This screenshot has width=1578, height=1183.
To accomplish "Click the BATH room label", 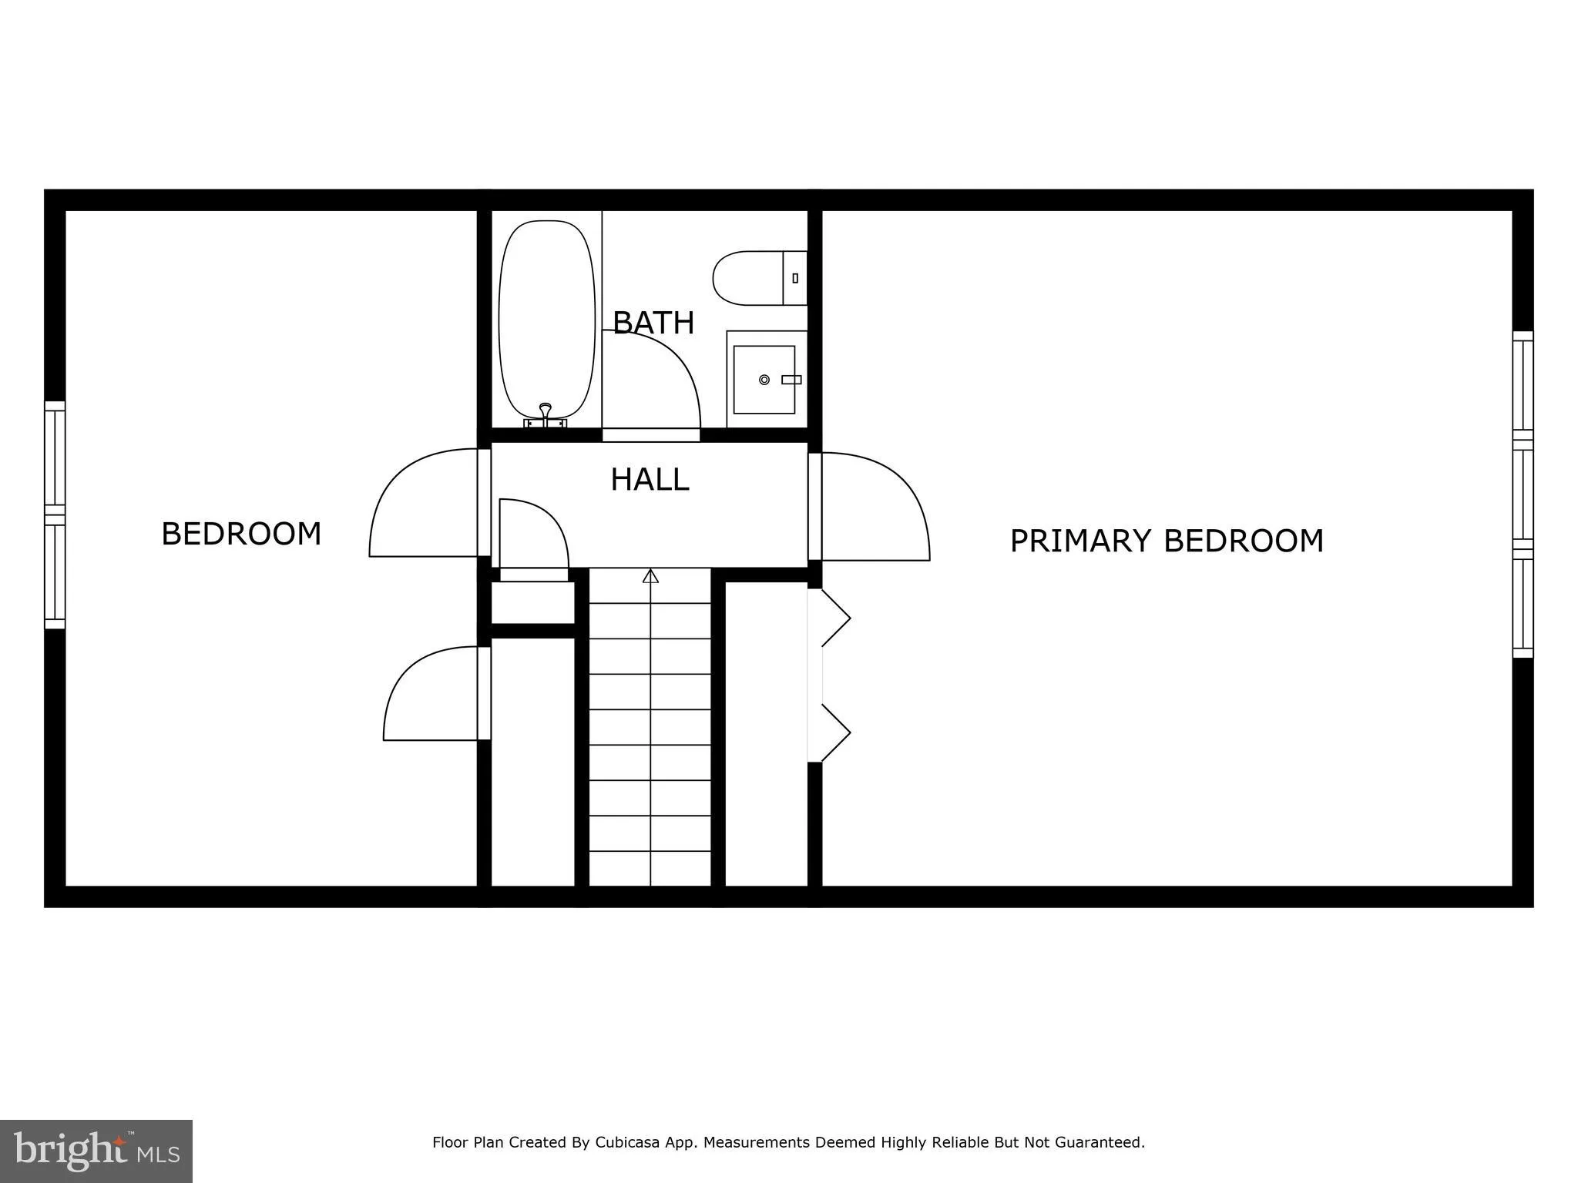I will pyautogui.click(x=653, y=322).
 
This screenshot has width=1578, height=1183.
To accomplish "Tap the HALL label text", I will pyautogui.click(x=650, y=480).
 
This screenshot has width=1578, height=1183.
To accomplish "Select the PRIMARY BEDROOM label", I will pyautogui.click(x=1166, y=541).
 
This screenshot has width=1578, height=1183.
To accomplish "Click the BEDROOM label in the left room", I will pyautogui.click(x=241, y=534).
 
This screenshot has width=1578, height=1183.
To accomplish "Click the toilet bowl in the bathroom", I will pyautogui.click(x=747, y=278).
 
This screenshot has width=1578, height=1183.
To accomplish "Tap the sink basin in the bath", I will pyautogui.click(x=764, y=379).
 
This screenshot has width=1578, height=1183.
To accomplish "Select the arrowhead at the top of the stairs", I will pyautogui.click(x=650, y=575).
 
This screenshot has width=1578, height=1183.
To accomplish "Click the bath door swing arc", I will pyautogui.click(x=670, y=370).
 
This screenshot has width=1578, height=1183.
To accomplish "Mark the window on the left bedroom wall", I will pyautogui.click(x=55, y=514).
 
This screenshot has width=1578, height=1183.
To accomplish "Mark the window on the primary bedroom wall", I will pyautogui.click(x=1523, y=494).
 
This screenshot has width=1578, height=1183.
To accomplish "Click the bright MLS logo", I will pyautogui.click(x=96, y=1151).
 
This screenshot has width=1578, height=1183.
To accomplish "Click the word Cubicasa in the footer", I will pyautogui.click(x=626, y=1142).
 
